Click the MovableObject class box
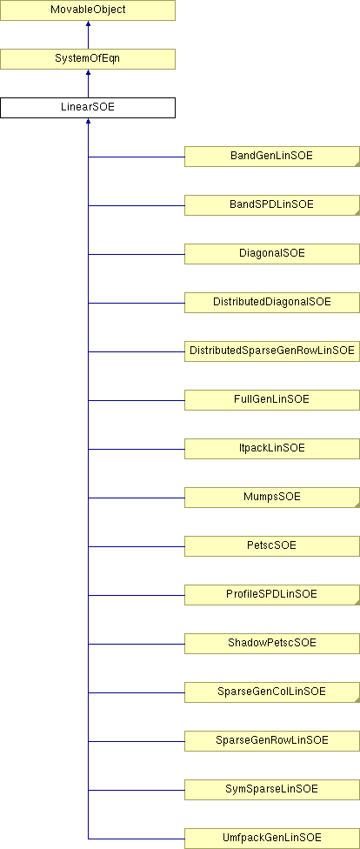coord(88,10)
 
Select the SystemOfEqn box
coord(88,59)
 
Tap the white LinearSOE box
coord(88,108)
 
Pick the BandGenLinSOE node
coord(272,157)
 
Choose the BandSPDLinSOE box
coord(272,205)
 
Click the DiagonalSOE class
coord(272,254)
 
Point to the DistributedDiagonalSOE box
coord(272,303)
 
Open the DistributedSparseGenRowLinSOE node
coord(272,351)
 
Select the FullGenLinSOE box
coord(272,400)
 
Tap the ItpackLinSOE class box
coord(272,449)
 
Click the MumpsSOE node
coord(272,498)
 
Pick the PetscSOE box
coord(272,546)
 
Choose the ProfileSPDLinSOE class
coord(272,595)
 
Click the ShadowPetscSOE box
coord(272,644)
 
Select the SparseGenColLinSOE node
coord(272,692)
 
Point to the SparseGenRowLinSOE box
coord(272,741)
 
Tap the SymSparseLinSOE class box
coord(272,790)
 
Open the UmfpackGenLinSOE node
coord(272,839)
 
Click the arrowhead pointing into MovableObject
coord(88,23)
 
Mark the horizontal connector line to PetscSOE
coord(137,546)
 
